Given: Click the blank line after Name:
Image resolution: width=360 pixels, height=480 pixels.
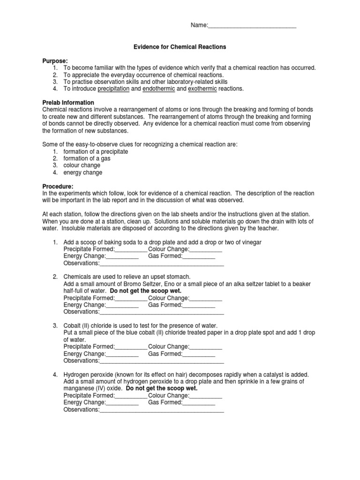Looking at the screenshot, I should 252,26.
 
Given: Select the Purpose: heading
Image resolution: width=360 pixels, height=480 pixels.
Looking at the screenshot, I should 55,61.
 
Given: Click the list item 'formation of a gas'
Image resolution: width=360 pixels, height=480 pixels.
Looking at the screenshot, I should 88,158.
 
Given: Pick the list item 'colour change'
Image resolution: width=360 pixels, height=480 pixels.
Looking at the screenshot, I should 83,165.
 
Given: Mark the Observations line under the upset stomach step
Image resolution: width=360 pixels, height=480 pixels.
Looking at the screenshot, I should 162,312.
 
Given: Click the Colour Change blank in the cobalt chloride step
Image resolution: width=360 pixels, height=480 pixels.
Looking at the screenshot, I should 206,347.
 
